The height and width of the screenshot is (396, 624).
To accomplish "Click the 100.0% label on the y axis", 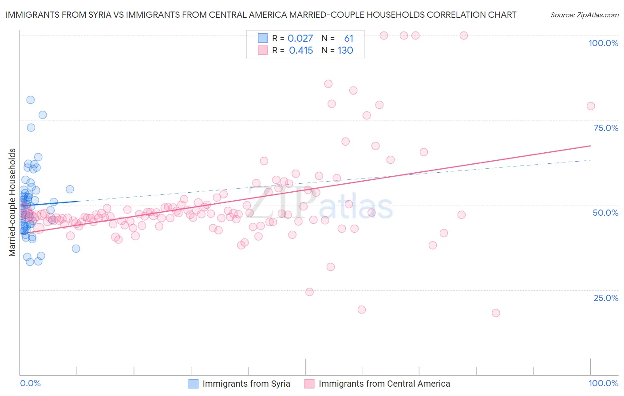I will coord(603,43).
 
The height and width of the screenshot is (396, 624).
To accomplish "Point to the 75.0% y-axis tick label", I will coord(606,128).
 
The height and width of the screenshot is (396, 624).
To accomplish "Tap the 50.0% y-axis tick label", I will coord(605,213).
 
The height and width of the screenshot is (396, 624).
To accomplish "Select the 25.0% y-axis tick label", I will coord(606,298).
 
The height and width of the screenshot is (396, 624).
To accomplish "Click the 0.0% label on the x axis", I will coord(30,383).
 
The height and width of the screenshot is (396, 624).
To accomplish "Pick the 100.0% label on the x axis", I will coord(603,383).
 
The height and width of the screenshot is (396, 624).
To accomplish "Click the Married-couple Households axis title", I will coord(12,202).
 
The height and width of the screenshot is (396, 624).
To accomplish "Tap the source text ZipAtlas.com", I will coord(584,15).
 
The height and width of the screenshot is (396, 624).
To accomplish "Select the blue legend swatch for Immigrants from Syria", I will coord(194,384).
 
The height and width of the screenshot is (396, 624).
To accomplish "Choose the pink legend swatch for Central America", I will coord(309,384).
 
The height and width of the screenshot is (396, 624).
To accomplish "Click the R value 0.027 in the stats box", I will coord(300,39).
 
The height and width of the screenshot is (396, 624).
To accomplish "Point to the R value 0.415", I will coord(301,51).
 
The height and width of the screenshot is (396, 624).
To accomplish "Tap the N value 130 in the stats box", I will coord(345,51).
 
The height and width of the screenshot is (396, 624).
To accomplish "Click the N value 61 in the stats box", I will coord(349,39).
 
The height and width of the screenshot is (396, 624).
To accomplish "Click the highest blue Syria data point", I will coord(30,100).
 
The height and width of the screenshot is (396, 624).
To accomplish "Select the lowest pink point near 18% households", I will coord(496,313).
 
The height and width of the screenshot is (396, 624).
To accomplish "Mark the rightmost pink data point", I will coord(591,106).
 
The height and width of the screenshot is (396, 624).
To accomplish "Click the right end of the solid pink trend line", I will coord(591,146).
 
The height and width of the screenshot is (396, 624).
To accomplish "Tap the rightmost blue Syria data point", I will coord(76,249).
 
